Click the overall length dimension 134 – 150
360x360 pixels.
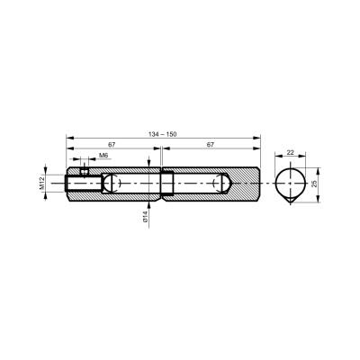point(163,134)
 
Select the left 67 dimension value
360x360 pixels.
point(112,144)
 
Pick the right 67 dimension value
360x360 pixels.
point(211,144)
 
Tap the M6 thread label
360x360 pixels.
point(103,155)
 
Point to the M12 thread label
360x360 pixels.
point(41,183)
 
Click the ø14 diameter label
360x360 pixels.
point(145,216)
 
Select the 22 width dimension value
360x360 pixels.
point(290,152)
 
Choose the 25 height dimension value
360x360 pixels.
point(314,184)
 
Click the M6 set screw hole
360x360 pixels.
point(85,172)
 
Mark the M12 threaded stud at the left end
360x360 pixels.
point(84,184)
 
